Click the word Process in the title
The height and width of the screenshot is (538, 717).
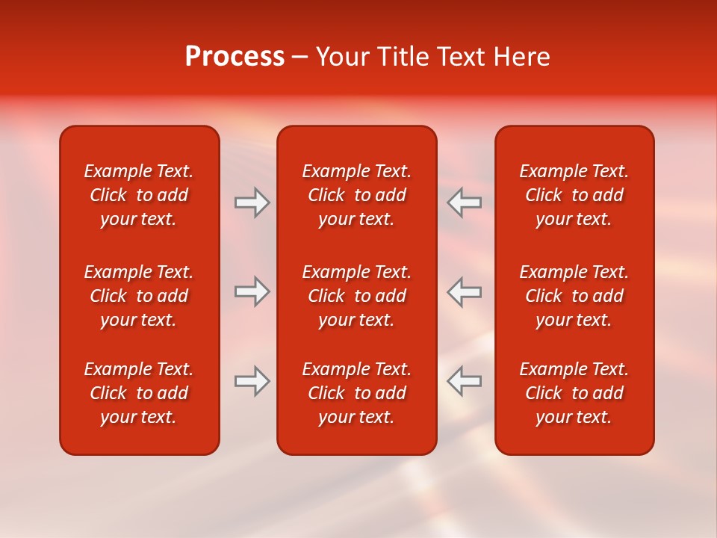235,57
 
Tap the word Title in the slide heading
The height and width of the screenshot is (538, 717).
402,57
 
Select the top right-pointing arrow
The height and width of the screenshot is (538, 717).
252,202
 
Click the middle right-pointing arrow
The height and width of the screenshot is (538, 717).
252,291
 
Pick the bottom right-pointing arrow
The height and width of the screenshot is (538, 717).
252,381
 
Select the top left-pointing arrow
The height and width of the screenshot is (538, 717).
465,202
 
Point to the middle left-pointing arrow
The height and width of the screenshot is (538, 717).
465,291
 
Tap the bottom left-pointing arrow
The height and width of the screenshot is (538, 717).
465,381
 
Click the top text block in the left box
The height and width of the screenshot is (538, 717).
139,195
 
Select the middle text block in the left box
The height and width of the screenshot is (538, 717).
139,296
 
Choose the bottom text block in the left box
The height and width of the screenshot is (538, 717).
139,393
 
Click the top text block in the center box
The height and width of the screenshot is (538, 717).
356,195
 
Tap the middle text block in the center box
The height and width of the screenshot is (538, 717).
356,296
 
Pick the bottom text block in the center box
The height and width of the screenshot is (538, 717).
356,393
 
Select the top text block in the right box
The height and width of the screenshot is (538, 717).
574,195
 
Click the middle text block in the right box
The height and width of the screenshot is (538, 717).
574,296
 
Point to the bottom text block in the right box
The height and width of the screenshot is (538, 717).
574,393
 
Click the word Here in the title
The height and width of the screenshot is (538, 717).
523,57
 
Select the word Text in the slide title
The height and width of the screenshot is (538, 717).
462,57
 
